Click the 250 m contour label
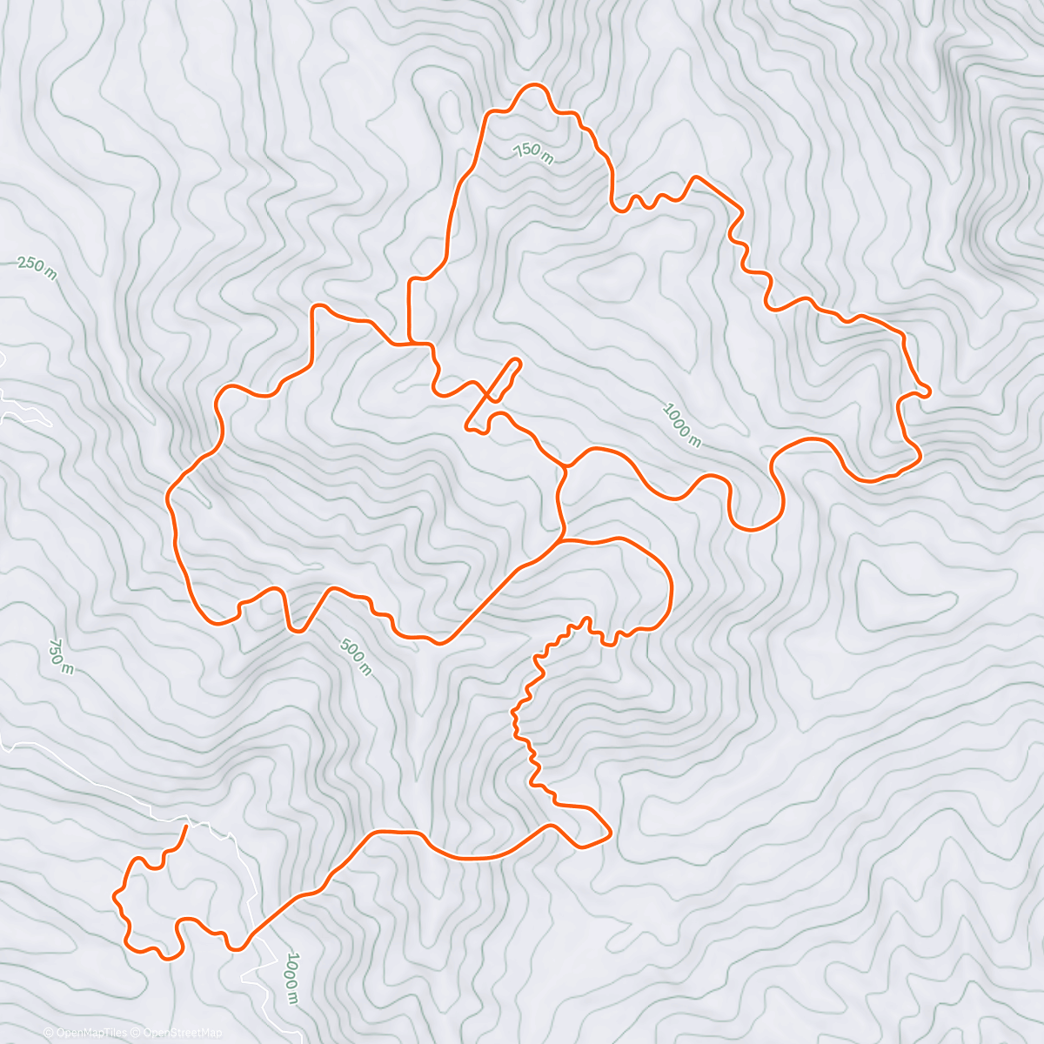click(37, 269)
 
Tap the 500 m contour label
click(356, 658)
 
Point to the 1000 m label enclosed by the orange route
click(681, 424)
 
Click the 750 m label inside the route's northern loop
click(533, 153)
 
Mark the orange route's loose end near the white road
click(185, 826)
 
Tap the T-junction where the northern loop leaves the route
click(410, 343)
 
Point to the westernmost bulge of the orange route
click(168, 499)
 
